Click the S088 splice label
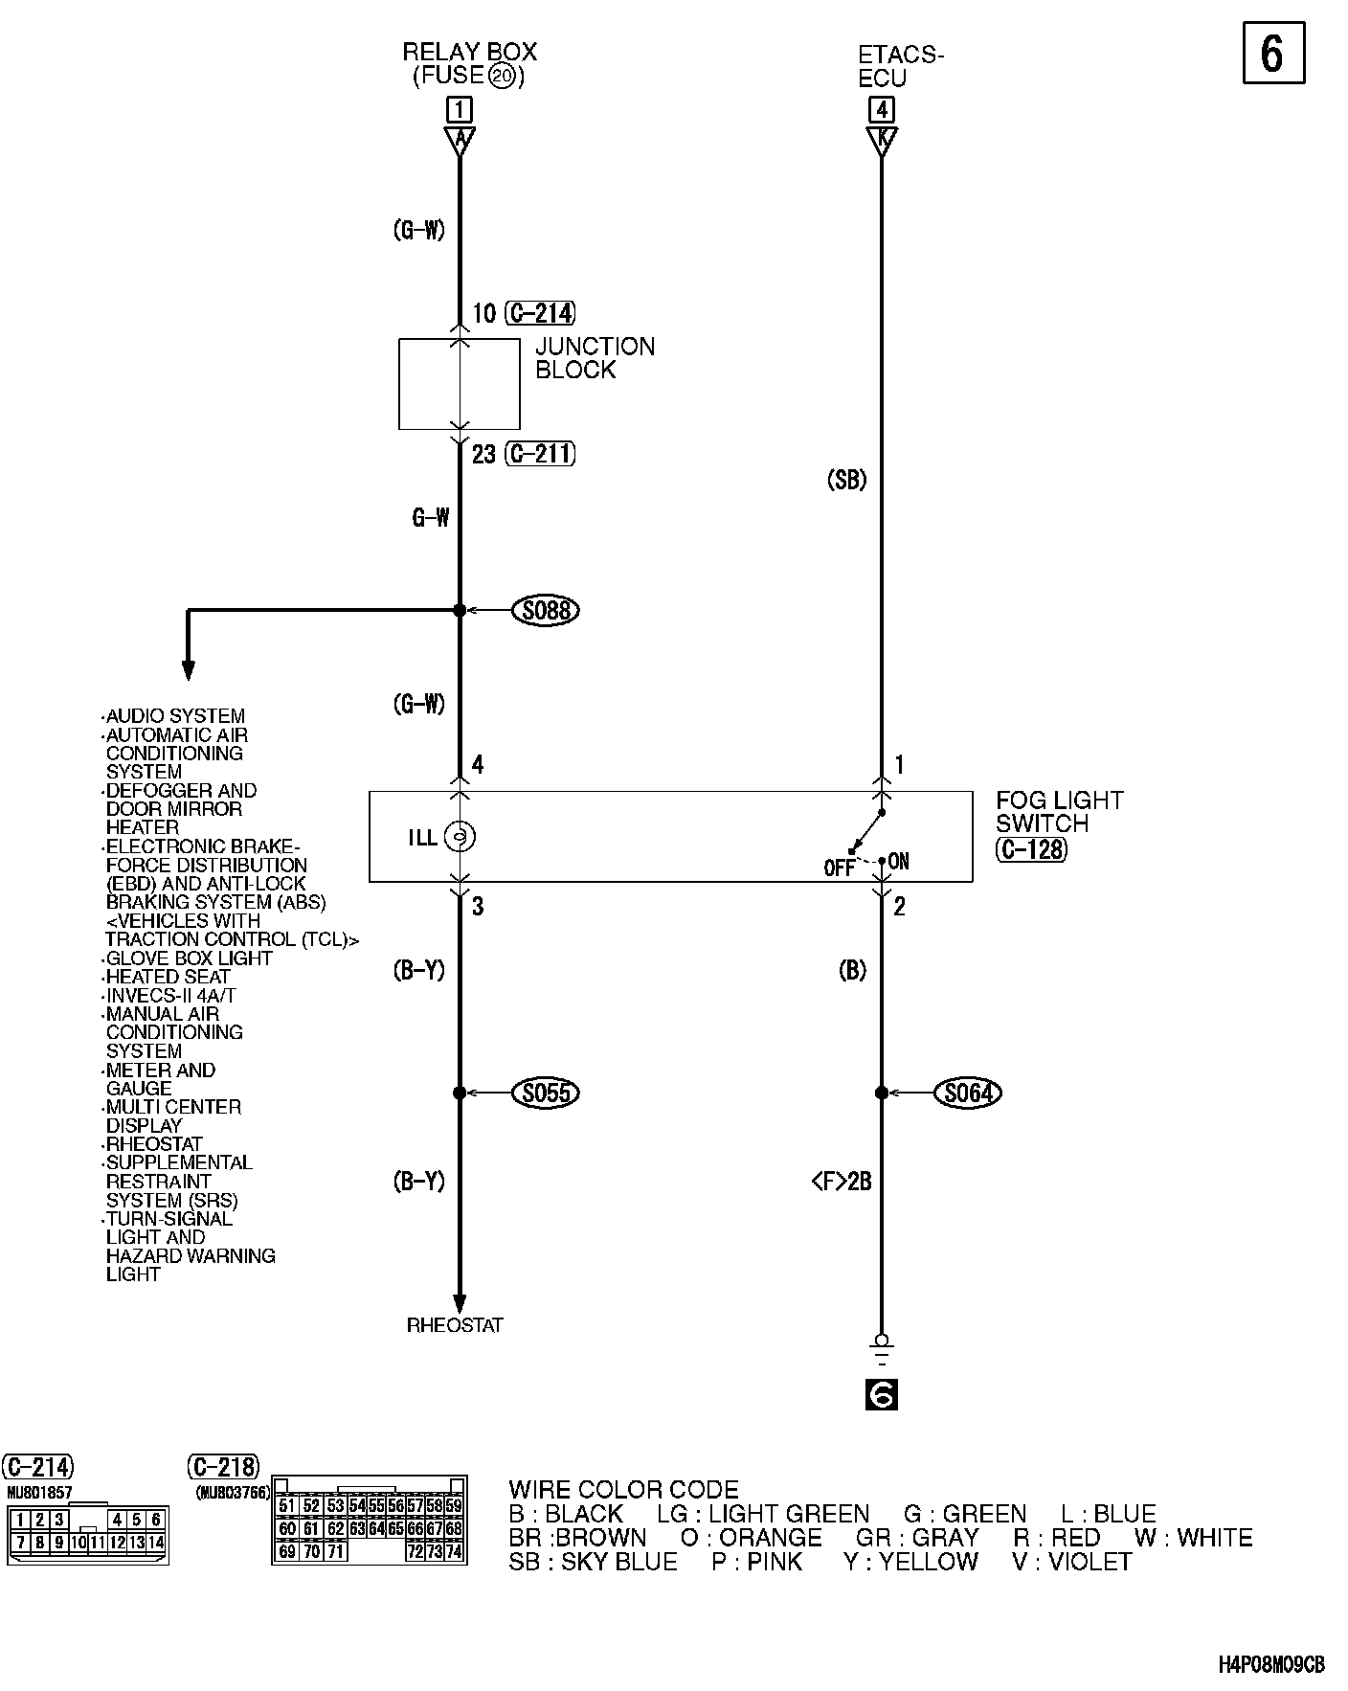click(x=547, y=610)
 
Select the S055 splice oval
click(x=547, y=1093)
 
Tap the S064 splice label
click(x=968, y=1093)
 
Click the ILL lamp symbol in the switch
click(x=460, y=838)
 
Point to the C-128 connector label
click(x=1031, y=849)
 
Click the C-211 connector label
click(x=542, y=454)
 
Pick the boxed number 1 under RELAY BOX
click(x=460, y=109)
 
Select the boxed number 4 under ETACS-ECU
click(x=881, y=109)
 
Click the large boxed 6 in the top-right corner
click(x=1273, y=53)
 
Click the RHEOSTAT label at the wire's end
click(x=455, y=1325)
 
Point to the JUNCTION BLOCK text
click(x=595, y=358)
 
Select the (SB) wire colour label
click(x=846, y=480)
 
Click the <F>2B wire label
click(x=842, y=1182)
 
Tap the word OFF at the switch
click(x=839, y=868)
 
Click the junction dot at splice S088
click(x=460, y=610)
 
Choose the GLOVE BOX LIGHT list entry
click(x=190, y=958)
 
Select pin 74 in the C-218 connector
click(x=454, y=1552)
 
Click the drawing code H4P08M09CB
click(x=1271, y=1664)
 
